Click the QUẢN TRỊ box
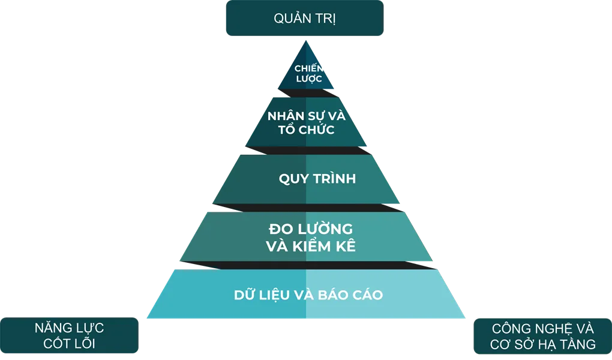(x=305, y=18)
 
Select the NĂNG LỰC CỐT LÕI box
(x=70, y=335)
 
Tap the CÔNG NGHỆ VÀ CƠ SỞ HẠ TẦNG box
(x=542, y=336)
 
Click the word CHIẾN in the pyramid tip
(x=308, y=68)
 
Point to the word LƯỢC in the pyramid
(x=309, y=79)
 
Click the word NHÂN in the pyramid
(x=286, y=116)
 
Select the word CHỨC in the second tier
(x=317, y=129)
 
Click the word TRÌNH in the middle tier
(x=334, y=178)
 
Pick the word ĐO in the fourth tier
(x=279, y=229)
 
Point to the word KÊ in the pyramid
(x=345, y=246)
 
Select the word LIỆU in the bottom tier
(x=273, y=295)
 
